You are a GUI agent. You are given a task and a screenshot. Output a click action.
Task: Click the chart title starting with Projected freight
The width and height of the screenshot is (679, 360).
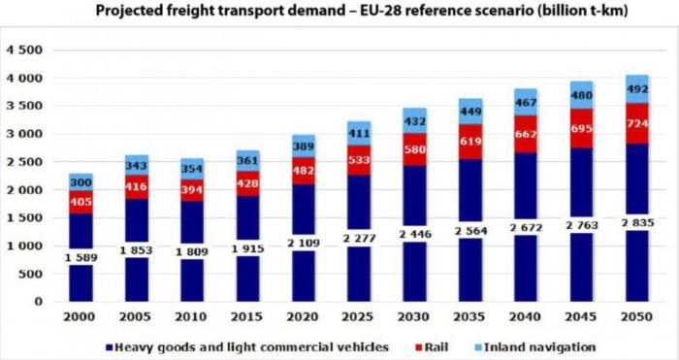[339, 12]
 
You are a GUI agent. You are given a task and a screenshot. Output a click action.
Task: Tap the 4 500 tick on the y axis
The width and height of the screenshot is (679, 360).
[22, 49]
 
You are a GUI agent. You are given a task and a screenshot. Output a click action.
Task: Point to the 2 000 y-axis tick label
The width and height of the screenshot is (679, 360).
[22, 190]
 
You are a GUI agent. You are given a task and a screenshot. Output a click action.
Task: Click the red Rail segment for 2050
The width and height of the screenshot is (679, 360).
[638, 123]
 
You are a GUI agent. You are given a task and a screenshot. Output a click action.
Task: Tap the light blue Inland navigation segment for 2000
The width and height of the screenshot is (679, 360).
[82, 181]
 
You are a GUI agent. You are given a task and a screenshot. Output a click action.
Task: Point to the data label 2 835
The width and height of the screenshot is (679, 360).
[638, 221]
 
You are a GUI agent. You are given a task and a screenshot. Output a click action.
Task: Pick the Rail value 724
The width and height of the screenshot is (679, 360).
[638, 124]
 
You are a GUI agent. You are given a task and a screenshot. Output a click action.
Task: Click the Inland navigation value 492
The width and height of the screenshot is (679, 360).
[638, 89]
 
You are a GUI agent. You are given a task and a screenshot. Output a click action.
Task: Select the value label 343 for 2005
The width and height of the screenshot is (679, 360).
[138, 167]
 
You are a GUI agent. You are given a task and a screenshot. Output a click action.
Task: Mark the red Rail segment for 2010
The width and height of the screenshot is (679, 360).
[193, 190]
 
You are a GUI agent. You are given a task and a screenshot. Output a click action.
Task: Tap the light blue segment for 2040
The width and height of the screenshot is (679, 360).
[527, 102]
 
